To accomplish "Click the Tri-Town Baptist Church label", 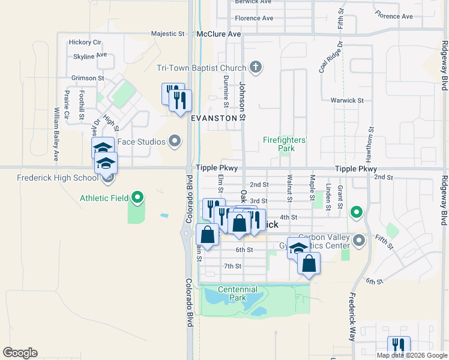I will (202, 67).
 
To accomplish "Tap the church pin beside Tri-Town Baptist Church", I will (256, 66).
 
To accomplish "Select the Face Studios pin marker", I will (175, 142).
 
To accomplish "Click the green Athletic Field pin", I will (137, 197).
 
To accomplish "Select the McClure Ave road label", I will (218, 35).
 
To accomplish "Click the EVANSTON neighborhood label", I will (214, 118).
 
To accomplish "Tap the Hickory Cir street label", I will (85, 42).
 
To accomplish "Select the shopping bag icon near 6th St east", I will (309, 263).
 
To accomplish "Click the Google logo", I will (20, 353).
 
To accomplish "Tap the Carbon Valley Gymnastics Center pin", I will (360, 241).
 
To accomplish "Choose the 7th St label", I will (232, 266).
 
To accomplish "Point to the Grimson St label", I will (88, 78).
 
